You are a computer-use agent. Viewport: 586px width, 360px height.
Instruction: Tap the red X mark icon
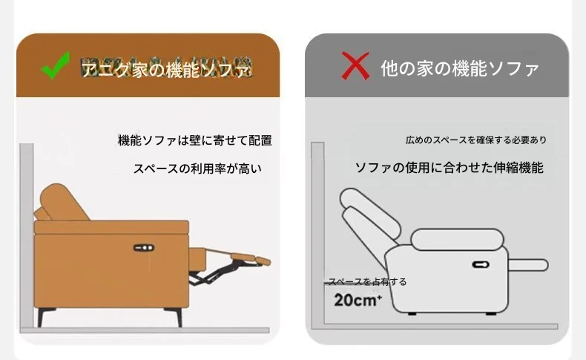(x=355, y=68)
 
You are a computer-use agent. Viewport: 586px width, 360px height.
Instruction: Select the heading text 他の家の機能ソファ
(x=459, y=69)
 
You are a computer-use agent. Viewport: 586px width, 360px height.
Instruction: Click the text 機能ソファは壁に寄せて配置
(x=195, y=140)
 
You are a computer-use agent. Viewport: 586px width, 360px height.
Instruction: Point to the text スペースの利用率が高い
(x=197, y=168)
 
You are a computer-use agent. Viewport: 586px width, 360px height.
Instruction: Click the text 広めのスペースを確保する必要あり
(x=476, y=140)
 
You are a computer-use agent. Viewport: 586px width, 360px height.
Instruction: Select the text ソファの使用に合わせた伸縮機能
(x=449, y=168)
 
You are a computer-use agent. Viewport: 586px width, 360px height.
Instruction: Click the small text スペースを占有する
(x=368, y=282)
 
